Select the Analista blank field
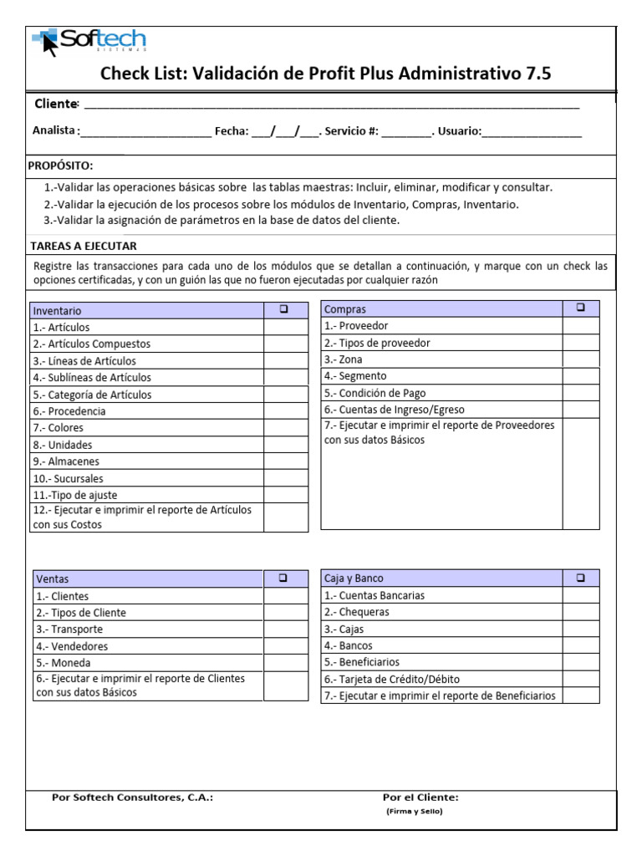pyautogui.click(x=146, y=132)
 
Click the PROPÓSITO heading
pyautogui.click(x=60, y=166)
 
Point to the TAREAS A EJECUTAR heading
pyautogui.click(x=84, y=246)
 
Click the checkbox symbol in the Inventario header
pyautogui.click(x=284, y=309)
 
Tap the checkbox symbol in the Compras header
pyautogui.click(x=580, y=308)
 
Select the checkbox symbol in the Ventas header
pyautogui.click(x=284, y=578)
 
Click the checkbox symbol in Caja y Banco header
pyautogui.click(x=580, y=578)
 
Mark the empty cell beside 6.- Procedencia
pyautogui.click(x=286, y=411)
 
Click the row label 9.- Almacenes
pyautogui.click(x=66, y=461)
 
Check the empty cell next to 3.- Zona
pyautogui.click(x=580, y=359)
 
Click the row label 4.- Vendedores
pyautogui.click(x=72, y=646)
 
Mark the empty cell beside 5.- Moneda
pyautogui.click(x=286, y=663)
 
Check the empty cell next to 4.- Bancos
pyautogui.click(x=580, y=645)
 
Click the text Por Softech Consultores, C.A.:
pyautogui.click(x=132, y=797)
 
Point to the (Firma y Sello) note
pyautogui.click(x=414, y=812)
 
